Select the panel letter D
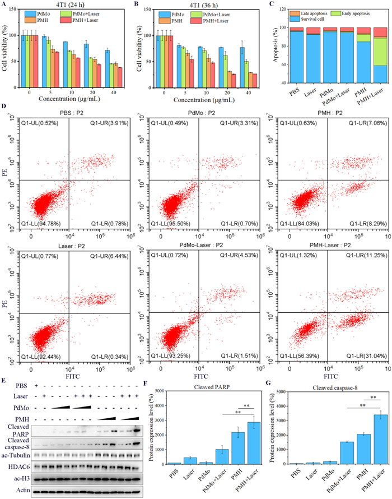coord(6,113)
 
